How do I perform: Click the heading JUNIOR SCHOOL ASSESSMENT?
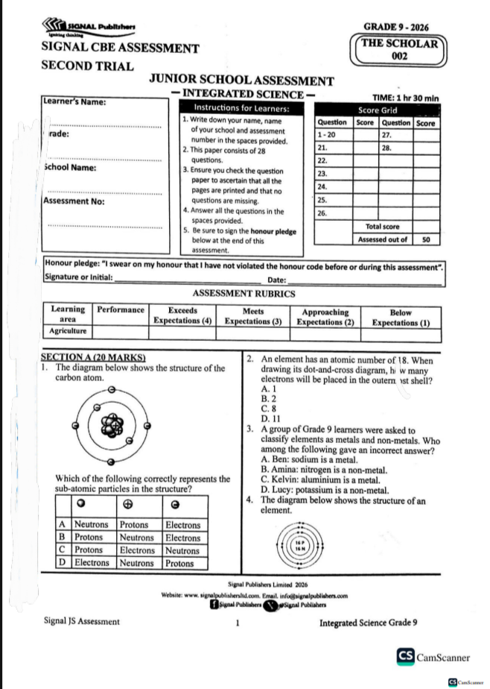[241, 81]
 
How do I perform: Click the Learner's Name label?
[74, 102]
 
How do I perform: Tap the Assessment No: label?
[74, 201]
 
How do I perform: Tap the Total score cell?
[383, 226]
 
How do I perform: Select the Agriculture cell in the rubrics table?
[68, 330]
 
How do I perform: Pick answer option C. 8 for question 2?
[268, 409]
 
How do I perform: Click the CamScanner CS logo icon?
[406, 657]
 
